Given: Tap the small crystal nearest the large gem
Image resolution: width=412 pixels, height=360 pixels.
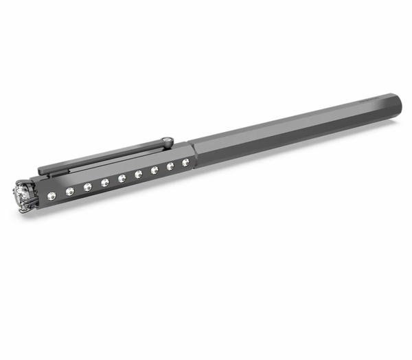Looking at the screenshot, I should tap(52, 196).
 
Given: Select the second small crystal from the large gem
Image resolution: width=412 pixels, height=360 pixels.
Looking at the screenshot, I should tap(69, 191).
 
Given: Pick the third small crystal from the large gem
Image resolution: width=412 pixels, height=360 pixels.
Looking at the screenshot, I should tap(87, 186).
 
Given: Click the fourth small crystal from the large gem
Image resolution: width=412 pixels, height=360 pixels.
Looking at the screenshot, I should tap(105, 182).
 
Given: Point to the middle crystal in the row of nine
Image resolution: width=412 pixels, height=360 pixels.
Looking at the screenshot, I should tap(122, 178).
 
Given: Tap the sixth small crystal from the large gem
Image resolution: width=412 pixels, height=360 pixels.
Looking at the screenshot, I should tap(138, 174).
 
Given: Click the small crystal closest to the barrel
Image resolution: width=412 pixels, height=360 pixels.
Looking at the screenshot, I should tap(185, 162).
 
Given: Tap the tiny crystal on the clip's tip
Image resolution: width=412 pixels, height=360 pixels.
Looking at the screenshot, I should tap(167, 142).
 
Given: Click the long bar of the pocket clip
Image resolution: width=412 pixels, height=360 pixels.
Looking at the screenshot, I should tap(103, 157).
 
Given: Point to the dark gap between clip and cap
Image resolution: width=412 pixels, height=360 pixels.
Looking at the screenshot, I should tap(110, 163).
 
